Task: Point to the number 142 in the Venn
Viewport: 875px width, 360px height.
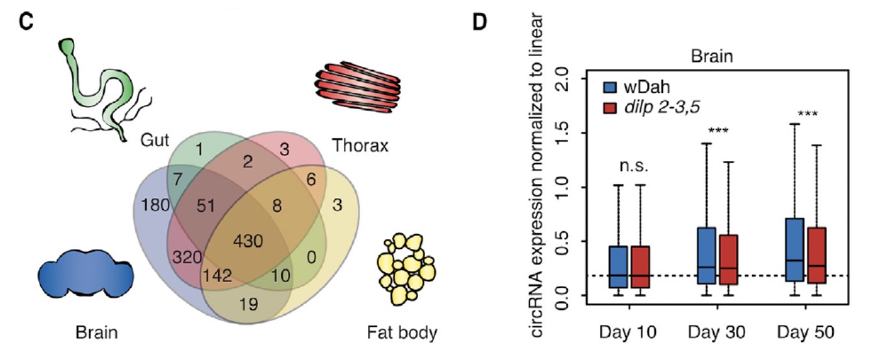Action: pos(217,275)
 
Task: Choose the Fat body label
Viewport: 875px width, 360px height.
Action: pos(402,334)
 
